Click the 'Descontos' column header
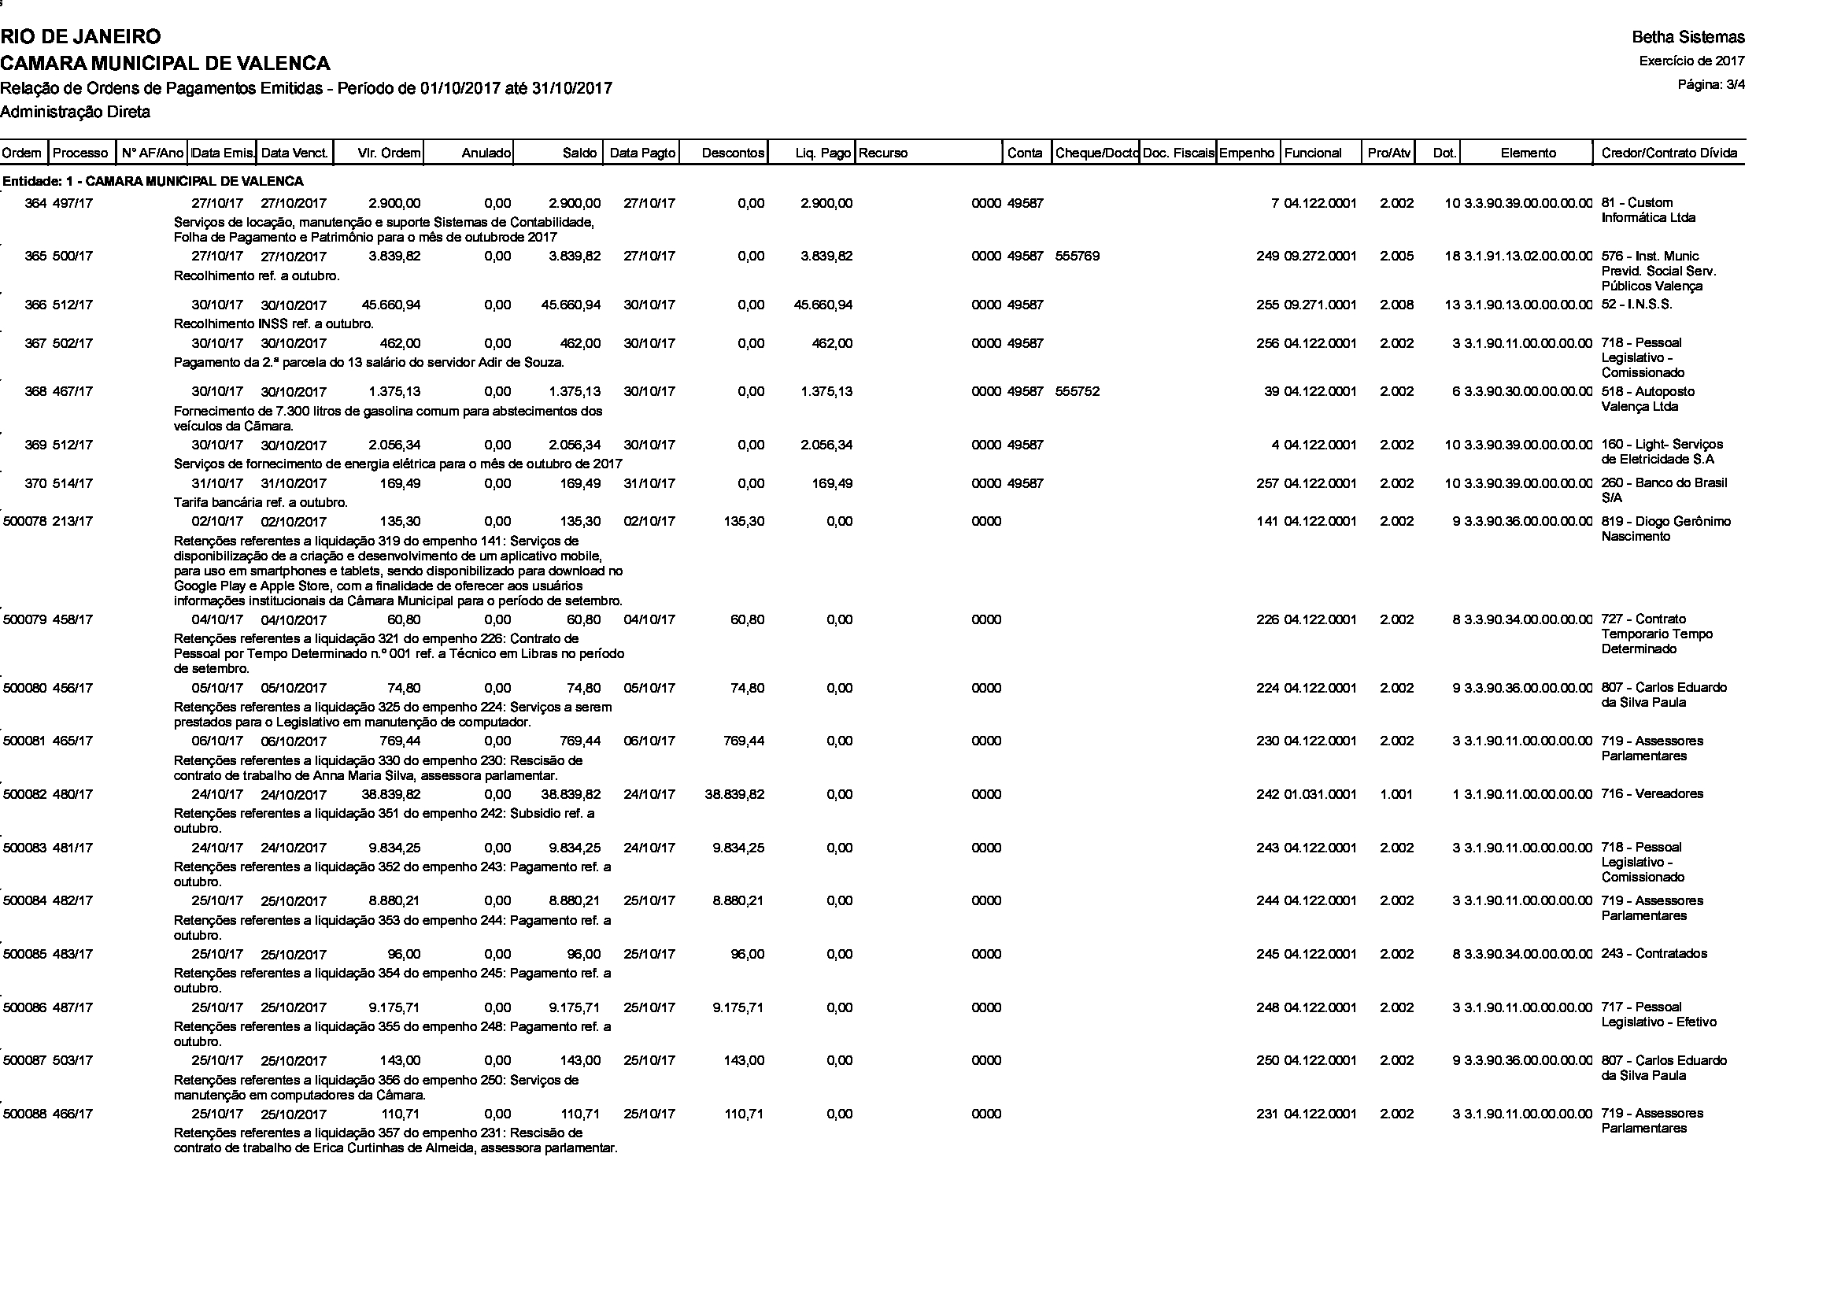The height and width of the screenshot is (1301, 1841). point(732,153)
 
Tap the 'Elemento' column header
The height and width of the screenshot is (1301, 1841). point(1528,153)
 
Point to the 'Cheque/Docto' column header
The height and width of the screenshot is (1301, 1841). point(1096,153)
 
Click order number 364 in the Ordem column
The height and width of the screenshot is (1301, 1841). point(35,204)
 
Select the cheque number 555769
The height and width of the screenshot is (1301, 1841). point(1078,257)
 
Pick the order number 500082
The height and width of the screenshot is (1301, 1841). point(26,794)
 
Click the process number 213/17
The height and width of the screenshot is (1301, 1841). point(73,522)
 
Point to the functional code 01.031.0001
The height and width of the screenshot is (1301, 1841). point(1320,794)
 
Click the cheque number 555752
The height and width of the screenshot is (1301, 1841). point(1078,392)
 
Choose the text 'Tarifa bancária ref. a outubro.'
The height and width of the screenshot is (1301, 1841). point(261,504)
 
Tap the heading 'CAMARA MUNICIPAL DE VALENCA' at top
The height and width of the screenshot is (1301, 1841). point(165,63)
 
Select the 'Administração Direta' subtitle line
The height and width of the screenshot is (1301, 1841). point(76,113)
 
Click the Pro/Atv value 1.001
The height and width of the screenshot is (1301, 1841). point(1397,794)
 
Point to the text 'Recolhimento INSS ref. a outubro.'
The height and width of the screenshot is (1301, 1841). point(273,324)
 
